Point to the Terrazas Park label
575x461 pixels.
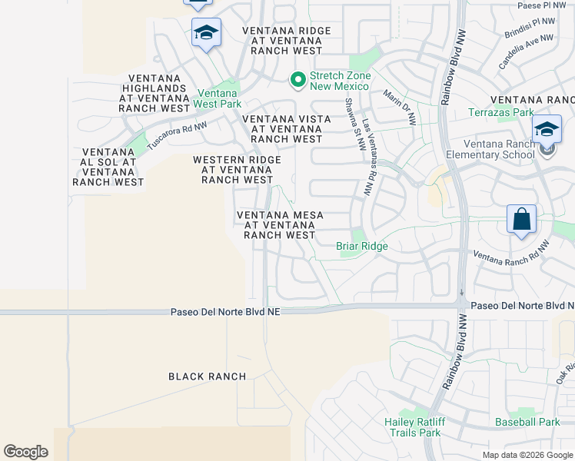[x=501, y=113]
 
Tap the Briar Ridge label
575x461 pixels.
[x=362, y=247]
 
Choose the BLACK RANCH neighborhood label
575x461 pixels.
[x=208, y=376]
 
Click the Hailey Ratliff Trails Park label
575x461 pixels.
[x=412, y=427]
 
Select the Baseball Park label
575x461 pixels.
[x=527, y=422]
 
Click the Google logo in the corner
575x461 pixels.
[x=25, y=452]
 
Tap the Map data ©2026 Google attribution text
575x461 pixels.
[x=527, y=455]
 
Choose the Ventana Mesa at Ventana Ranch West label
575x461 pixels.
[x=279, y=225]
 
